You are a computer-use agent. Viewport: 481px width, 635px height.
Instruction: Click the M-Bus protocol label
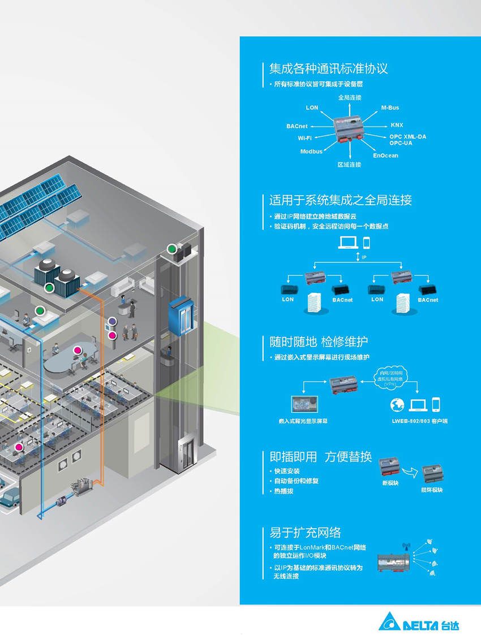(x=390, y=108)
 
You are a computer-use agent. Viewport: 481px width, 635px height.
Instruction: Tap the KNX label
(x=397, y=125)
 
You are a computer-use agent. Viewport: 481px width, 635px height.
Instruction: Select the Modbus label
(x=311, y=152)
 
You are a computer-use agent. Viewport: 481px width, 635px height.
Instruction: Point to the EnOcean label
(x=385, y=155)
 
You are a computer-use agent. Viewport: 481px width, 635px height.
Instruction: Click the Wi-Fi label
(x=305, y=138)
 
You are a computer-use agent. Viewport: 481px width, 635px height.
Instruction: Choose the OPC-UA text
(x=401, y=143)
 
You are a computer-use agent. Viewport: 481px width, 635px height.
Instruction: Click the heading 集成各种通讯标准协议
(x=328, y=68)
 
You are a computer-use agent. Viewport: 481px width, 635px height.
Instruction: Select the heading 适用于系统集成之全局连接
(x=341, y=200)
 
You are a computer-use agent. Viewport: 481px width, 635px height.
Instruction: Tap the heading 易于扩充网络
(x=305, y=533)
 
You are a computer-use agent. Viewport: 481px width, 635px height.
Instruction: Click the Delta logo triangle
(x=389, y=623)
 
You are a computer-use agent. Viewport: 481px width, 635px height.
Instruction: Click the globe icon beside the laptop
(x=397, y=404)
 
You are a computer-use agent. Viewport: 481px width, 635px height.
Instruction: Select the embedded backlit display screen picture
(x=304, y=404)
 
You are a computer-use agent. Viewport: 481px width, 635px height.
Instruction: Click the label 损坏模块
(x=432, y=490)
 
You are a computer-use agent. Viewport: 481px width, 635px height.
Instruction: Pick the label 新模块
(x=390, y=483)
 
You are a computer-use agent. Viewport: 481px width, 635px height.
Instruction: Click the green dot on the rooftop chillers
(x=49, y=288)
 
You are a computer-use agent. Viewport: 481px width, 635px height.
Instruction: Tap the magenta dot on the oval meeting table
(x=78, y=351)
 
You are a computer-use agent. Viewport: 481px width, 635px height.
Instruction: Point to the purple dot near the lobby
(x=112, y=322)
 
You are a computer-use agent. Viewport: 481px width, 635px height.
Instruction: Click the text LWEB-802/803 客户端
(x=420, y=421)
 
